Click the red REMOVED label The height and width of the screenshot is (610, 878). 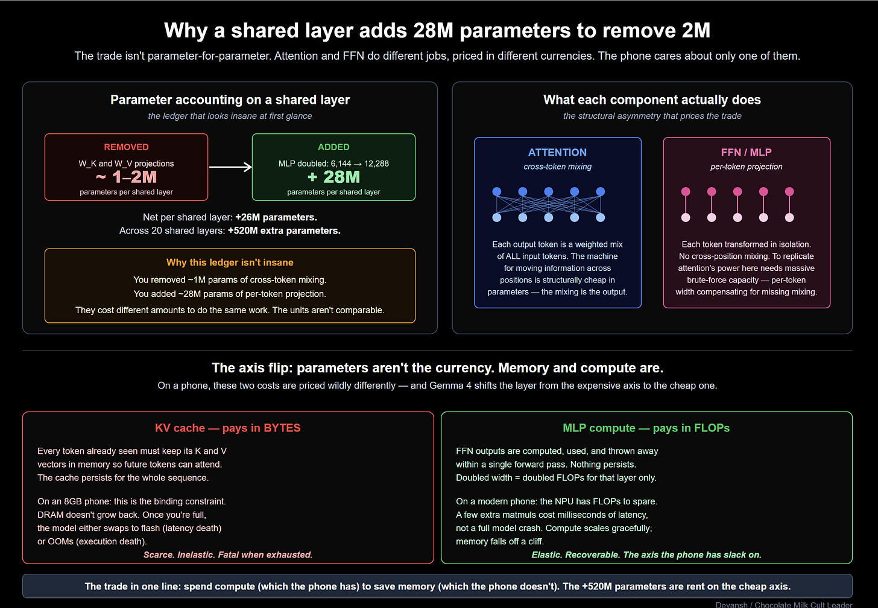coord(126,147)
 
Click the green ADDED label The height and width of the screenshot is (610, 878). coord(333,147)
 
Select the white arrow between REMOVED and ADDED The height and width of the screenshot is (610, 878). coord(230,167)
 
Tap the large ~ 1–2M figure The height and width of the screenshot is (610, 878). coord(126,177)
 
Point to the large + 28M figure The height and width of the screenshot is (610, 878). coord(333,177)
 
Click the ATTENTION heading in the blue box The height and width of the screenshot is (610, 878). coord(557,153)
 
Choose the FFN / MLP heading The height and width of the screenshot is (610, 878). coord(746,153)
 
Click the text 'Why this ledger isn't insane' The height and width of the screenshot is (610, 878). coord(230,262)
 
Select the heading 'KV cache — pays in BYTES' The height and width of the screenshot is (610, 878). coord(227,428)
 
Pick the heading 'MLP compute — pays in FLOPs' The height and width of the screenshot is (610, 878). coord(646,428)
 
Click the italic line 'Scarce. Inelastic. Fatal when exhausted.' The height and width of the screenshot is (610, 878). coord(228,554)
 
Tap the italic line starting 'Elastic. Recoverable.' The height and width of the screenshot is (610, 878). coord(646,554)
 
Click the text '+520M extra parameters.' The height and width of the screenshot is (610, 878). coord(284,230)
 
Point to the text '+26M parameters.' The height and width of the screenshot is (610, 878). coord(276,217)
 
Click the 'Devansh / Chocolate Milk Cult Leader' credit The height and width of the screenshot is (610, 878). coord(784,605)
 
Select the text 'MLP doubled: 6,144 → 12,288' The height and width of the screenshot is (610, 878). coord(333,164)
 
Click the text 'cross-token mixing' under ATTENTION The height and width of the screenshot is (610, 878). coord(557,167)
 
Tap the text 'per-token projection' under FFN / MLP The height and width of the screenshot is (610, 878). coord(746,167)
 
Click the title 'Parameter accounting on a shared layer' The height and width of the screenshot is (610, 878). coord(230,100)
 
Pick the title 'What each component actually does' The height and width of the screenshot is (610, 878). coord(652,100)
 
